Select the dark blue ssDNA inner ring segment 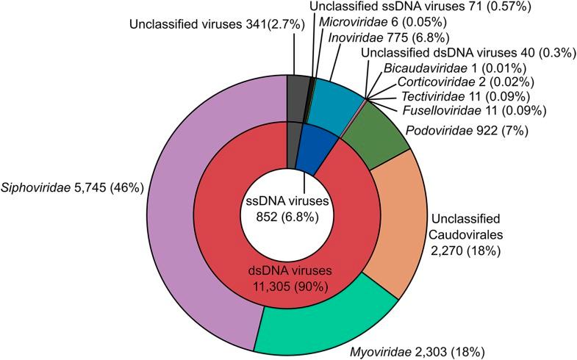(309, 150)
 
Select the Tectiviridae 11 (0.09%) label (468, 96)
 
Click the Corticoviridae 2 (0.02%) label (464, 81)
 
